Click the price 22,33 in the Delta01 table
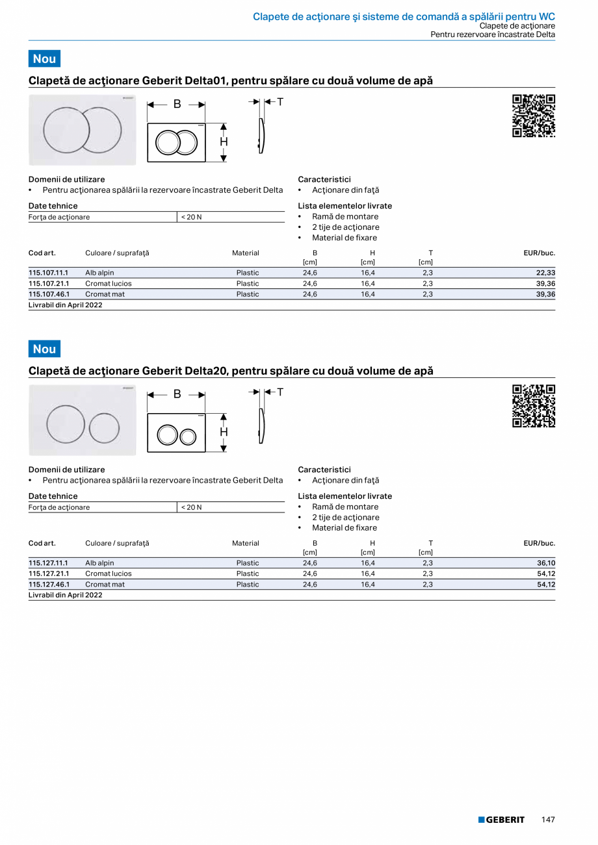(545, 273)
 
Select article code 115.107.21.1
(49, 284)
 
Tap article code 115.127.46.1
(49, 585)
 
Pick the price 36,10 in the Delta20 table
(545, 563)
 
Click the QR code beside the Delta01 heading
(534, 116)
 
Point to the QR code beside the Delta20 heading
(534, 406)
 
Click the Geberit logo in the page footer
(501, 820)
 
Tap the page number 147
(548, 820)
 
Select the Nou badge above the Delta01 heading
(44, 58)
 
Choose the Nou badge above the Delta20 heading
(44, 349)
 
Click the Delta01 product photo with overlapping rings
(83, 130)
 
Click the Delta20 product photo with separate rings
(83, 420)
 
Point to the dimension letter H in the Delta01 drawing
(224, 142)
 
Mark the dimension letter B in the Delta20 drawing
(177, 394)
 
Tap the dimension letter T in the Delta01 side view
(280, 102)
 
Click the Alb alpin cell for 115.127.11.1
(99, 563)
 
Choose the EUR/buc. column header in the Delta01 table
(539, 253)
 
